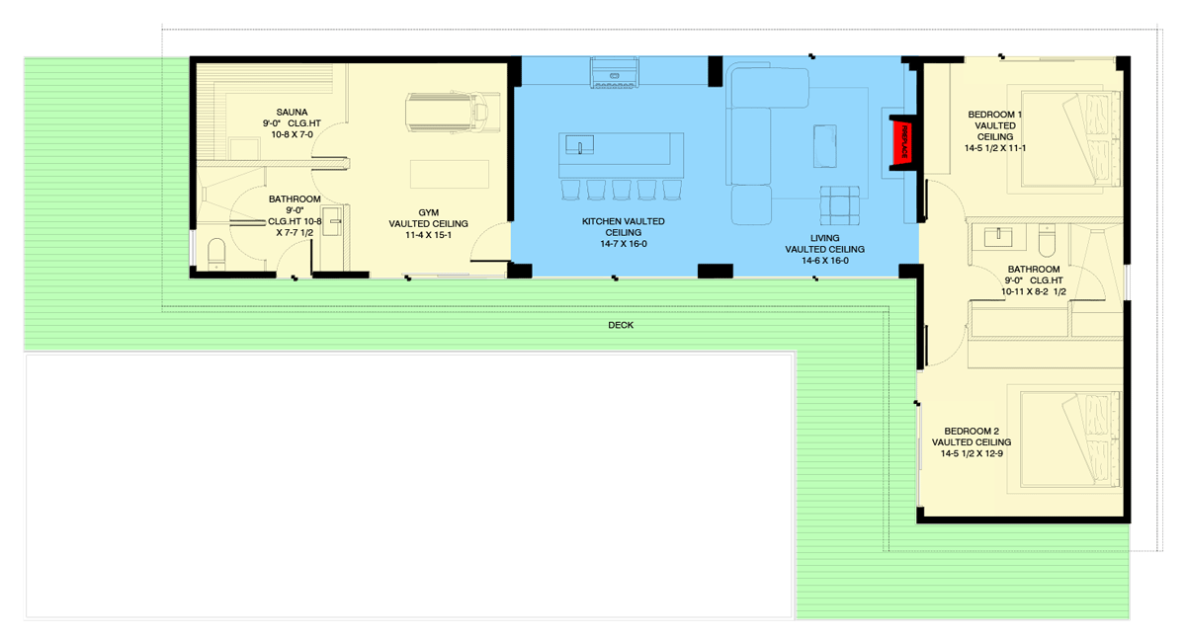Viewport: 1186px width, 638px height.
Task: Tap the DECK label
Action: (621, 325)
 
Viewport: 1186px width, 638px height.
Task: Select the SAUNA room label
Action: (292, 112)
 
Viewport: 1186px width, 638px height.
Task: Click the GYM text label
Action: (428, 212)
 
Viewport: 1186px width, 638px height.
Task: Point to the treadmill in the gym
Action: (450, 111)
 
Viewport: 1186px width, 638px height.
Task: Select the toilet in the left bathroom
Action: (215, 255)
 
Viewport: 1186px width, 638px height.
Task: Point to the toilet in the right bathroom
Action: (1048, 240)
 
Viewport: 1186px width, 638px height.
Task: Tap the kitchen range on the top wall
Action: (615, 73)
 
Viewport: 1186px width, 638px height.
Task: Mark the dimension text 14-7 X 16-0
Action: (623, 243)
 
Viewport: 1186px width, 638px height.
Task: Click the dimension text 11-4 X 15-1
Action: (428, 236)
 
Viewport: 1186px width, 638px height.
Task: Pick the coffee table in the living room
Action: (824, 147)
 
